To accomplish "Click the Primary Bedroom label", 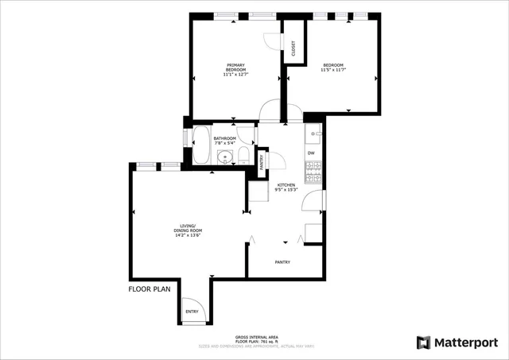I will click(236, 69).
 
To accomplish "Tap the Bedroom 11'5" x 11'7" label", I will click(333, 68).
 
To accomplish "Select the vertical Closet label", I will click(293, 48).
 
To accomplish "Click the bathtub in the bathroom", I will click(201, 146).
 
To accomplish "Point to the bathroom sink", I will click(224, 157).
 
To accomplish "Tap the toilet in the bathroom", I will click(244, 156).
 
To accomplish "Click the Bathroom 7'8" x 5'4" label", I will click(225, 140).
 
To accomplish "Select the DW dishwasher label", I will click(311, 153).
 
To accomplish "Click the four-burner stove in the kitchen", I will click(313, 168).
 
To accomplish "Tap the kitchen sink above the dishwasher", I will click(313, 134).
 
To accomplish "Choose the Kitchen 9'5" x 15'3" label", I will click(286, 187).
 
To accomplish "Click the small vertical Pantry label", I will click(263, 161).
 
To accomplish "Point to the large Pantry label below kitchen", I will click(282, 262).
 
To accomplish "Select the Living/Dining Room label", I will click(188, 230).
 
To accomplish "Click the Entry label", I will click(192, 312).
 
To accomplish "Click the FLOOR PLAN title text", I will click(150, 289).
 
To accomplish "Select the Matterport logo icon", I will click(423, 343).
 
